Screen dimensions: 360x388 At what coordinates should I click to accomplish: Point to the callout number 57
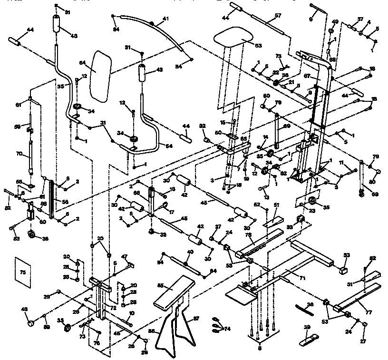click(x=278, y=16)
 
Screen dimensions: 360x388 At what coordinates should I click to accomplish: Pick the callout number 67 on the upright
click(x=308, y=76)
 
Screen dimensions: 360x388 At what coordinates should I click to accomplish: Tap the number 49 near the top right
click(x=335, y=22)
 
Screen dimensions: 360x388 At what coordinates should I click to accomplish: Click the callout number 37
click(x=360, y=19)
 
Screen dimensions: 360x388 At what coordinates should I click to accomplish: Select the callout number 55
click(x=60, y=87)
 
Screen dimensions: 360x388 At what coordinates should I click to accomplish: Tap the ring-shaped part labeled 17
click(x=165, y=205)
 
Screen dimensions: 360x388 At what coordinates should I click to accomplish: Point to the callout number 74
click(x=227, y=329)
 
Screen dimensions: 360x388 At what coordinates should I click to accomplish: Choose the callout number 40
click(x=190, y=252)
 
